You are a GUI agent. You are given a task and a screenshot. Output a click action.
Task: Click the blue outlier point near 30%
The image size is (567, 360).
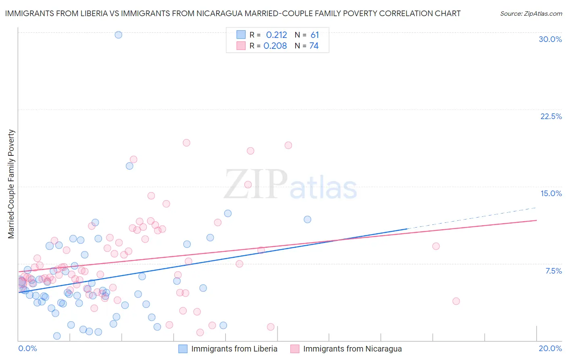118,35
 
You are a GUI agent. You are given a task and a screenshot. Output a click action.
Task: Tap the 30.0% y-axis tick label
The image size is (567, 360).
550,39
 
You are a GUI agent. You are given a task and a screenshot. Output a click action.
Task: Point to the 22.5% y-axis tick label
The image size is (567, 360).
551,116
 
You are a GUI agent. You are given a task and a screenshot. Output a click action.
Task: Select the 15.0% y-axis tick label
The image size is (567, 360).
551,193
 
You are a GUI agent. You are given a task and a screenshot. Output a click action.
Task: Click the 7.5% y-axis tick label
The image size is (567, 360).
553,271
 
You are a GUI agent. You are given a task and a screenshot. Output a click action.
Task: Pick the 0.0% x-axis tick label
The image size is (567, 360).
27,348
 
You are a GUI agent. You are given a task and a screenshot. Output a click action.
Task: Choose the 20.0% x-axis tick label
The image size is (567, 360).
550,348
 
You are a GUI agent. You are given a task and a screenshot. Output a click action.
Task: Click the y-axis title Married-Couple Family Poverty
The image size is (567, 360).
11,184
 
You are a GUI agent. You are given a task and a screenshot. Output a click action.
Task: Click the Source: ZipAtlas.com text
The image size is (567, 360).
531,13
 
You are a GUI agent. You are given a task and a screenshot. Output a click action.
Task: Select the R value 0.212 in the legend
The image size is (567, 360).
276,35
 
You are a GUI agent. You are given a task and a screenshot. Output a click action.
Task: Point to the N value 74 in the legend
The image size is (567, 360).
314,46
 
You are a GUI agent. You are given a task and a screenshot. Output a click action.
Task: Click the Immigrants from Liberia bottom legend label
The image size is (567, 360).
234,349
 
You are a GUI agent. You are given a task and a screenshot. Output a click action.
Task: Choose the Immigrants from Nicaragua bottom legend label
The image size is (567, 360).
352,349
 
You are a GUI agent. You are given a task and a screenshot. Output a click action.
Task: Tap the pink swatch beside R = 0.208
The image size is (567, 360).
241,46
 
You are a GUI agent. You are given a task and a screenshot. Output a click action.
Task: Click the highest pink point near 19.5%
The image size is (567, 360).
186,143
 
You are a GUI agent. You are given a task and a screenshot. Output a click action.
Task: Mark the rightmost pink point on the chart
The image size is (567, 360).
456,301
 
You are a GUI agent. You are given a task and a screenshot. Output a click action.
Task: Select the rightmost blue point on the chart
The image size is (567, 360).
307,220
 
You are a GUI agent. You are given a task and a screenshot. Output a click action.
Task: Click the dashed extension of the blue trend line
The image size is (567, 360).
472,218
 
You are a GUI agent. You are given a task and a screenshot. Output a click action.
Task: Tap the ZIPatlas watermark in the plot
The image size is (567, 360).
290,184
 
